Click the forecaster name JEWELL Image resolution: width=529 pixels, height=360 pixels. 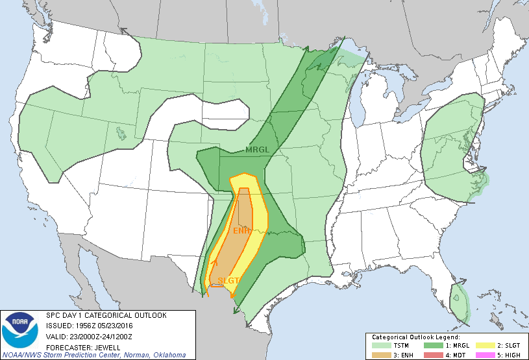(x=101, y=346)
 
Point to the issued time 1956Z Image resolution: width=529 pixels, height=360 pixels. (x=93, y=326)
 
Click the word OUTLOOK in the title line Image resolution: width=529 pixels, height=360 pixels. (x=149, y=316)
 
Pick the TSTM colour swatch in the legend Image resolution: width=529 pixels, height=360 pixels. (x=380, y=345)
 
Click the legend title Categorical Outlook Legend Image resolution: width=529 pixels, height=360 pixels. (x=415, y=337)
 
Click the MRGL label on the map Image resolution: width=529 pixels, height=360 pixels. (x=256, y=150)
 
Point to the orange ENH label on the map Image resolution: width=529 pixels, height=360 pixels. (x=241, y=231)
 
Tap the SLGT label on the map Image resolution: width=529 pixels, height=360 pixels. (x=228, y=280)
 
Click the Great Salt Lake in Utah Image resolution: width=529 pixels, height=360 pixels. (x=121, y=134)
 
